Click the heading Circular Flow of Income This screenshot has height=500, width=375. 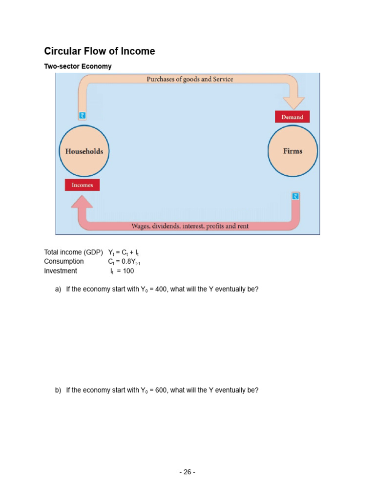[100, 51]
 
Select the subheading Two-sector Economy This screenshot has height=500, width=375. [78, 66]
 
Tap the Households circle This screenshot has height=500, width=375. [84, 151]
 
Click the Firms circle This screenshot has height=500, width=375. [293, 151]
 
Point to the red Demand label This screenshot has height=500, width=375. [292, 117]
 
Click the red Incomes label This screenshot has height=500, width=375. [82, 185]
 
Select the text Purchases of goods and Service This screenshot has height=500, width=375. [190, 79]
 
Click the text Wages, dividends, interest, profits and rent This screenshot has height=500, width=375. [190, 226]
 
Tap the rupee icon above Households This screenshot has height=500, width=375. [82, 115]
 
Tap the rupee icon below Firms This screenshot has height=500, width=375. [295, 196]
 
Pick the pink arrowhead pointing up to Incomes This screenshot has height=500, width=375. [82, 201]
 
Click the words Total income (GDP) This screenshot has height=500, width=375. [73, 252]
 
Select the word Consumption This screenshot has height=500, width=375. [64, 261]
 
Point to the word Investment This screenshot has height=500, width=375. [61, 271]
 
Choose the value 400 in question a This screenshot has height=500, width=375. [161, 289]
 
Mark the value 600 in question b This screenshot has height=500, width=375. [161, 390]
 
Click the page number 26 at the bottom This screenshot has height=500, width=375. [187, 472]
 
